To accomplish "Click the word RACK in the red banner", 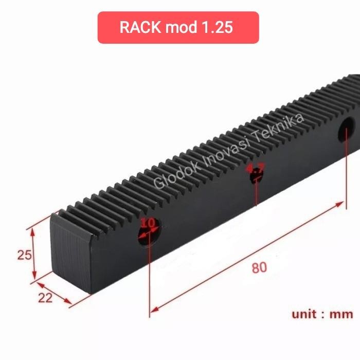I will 140,27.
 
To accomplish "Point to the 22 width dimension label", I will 45,298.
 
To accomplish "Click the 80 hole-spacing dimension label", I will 259,268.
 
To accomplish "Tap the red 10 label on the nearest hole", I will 148,223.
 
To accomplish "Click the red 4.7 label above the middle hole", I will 255,168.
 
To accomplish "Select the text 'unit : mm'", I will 322,314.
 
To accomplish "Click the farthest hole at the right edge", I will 346,130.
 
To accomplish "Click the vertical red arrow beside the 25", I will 34,255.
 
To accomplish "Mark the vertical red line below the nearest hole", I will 150,278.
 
